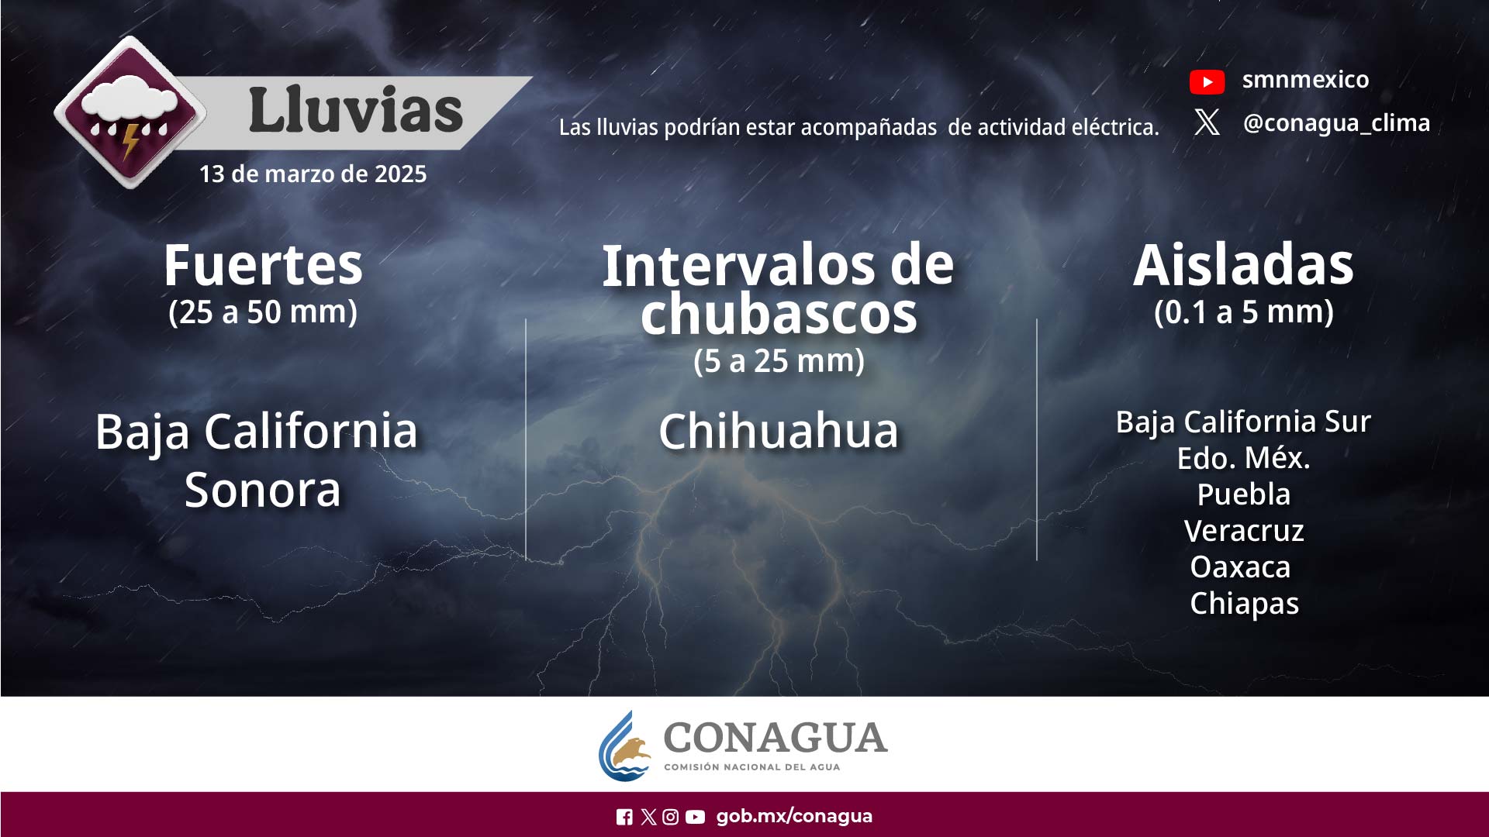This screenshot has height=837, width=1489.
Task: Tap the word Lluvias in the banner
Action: [355, 110]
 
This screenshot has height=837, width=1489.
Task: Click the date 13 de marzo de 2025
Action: [313, 174]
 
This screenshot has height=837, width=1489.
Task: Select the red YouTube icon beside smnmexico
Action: [1207, 81]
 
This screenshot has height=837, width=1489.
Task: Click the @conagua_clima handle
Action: [1336, 122]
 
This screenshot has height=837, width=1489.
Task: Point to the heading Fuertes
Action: [263, 265]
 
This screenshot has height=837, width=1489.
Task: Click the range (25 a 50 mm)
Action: [263, 312]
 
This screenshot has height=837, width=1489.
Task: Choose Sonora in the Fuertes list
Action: [263, 490]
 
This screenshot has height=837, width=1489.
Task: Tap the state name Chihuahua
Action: [779, 431]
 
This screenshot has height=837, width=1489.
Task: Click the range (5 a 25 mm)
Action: [779, 360]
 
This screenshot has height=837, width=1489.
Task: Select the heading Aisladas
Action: [1243, 265]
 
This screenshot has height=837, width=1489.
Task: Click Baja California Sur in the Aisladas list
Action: [1243, 422]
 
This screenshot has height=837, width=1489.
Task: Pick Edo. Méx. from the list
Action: [1243, 458]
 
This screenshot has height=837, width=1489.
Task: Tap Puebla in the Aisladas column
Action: [1243, 494]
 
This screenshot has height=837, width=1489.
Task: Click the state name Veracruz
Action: [1243, 531]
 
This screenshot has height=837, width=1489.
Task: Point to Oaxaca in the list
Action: [1240, 567]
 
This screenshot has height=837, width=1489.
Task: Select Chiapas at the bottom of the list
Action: [1244, 604]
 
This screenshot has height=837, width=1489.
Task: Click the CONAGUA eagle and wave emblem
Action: [626, 747]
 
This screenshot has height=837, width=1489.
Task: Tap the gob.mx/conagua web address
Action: [794, 816]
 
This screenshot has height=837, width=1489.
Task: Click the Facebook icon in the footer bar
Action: [624, 817]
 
